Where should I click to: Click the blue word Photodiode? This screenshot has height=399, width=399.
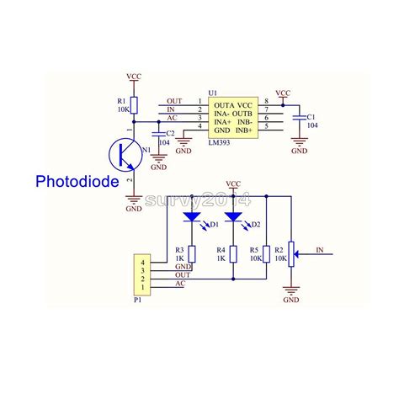coord(77,181)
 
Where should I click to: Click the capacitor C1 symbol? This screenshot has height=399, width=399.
coord(299,118)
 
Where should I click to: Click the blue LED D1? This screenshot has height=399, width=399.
coord(191,217)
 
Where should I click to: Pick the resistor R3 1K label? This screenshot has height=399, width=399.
coord(179,254)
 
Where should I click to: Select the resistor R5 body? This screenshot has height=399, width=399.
coord(266,254)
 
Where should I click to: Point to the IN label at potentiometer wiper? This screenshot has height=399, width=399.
coord(319,250)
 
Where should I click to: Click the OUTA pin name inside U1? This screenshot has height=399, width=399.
coord(221,103)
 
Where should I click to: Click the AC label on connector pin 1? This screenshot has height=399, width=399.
coord(180,285)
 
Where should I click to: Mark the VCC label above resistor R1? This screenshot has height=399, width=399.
coord(134,76)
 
